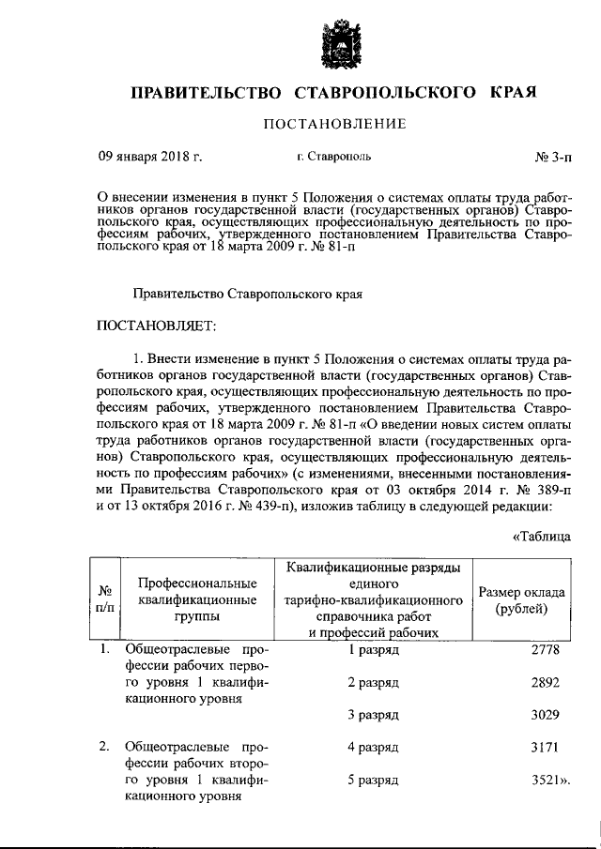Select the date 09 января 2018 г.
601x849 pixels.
click(150, 157)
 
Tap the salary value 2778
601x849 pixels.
click(545, 649)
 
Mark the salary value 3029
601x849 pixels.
click(545, 715)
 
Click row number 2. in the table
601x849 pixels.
click(106, 748)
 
